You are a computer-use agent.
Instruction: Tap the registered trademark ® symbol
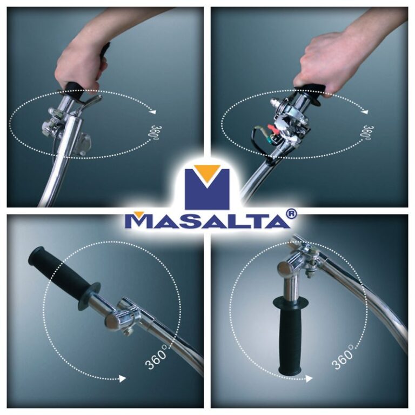(x=290, y=214)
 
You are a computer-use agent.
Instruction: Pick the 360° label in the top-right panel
(x=367, y=132)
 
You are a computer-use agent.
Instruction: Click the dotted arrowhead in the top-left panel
(x=153, y=112)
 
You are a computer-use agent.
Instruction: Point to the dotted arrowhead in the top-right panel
(x=365, y=112)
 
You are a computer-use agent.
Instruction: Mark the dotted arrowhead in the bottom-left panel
(x=122, y=379)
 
